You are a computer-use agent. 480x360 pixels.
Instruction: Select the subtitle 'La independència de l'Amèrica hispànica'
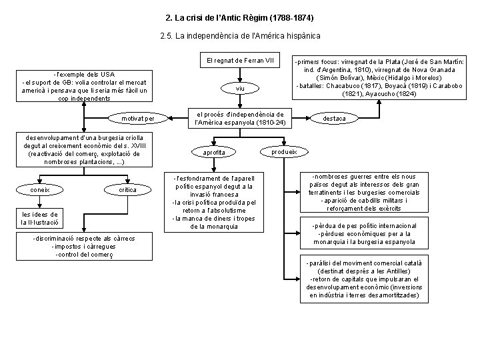pyautogui.click(x=240, y=35)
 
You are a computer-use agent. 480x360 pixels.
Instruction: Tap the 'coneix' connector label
pyautogui.click(x=40, y=189)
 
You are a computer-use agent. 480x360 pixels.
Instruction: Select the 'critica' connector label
pyautogui.click(x=127, y=189)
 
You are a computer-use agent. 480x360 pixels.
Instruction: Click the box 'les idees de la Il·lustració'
pyautogui.click(x=40, y=218)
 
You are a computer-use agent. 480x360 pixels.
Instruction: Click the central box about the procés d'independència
pyautogui.click(x=239, y=118)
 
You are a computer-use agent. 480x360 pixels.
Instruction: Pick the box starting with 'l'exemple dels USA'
pyautogui.click(x=85, y=86)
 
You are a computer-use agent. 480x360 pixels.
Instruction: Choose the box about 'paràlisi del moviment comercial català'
pyautogui.click(x=363, y=279)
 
